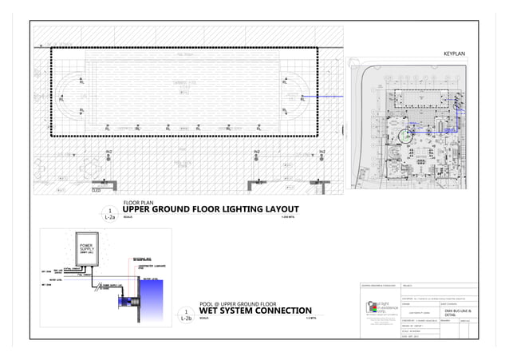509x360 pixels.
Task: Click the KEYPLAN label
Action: pyautogui.click(x=454, y=53)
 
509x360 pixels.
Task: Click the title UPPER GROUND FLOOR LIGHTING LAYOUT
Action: pyautogui.click(x=210, y=210)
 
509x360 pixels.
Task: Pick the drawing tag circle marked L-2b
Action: pyautogui.click(x=186, y=315)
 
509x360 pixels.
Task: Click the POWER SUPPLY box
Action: pyautogui.click(x=86, y=248)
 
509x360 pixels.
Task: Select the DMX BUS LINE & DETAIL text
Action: pyautogui.click(x=459, y=315)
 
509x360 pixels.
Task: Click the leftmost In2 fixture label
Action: pyautogui.click(x=109, y=152)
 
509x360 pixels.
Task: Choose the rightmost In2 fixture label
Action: pyautogui.click(x=322, y=152)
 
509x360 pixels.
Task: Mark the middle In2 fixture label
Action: pyautogui.click(x=256, y=152)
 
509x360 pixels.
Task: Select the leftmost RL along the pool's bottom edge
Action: pyautogui.click(x=108, y=128)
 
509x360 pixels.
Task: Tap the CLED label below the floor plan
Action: pyautogui.click(x=97, y=191)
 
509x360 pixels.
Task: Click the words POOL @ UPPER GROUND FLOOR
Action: pyautogui.click(x=237, y=304)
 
